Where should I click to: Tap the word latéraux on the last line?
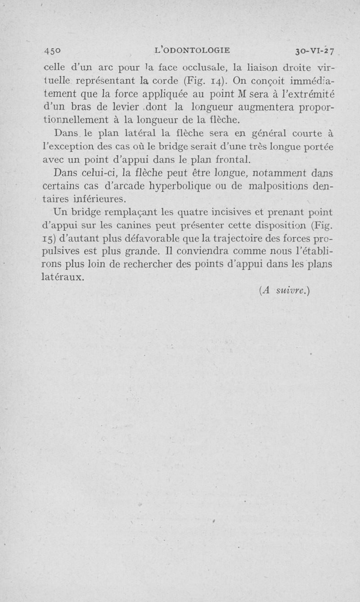(63, 276)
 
